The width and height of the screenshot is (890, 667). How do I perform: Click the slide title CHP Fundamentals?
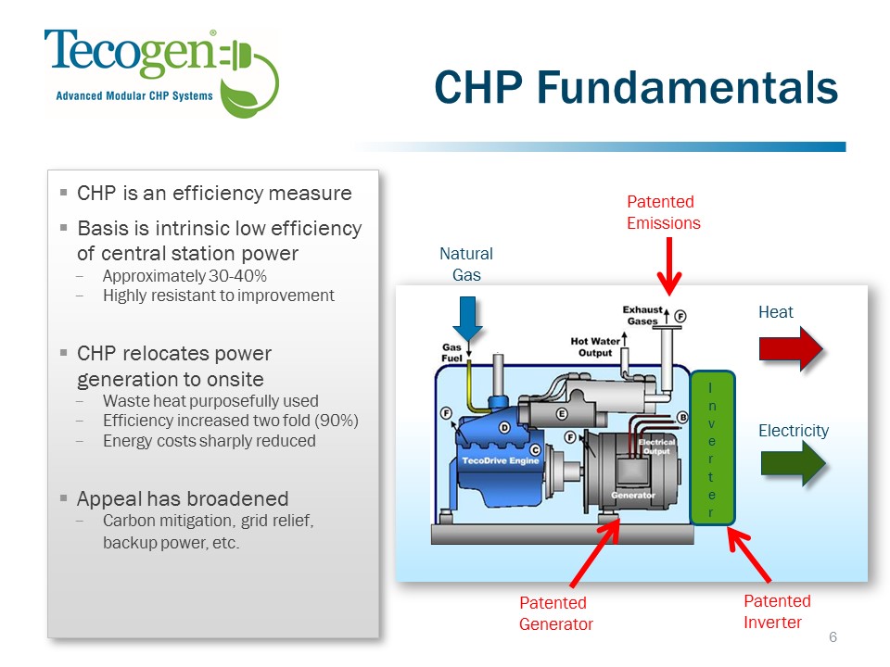click(636, 88)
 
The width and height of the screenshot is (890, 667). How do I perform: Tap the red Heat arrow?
click(791, 348)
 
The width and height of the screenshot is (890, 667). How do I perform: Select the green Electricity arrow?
click(793, 463)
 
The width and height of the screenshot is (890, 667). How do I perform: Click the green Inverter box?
click(712, 447)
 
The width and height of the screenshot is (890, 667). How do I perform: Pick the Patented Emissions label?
click(663, 212)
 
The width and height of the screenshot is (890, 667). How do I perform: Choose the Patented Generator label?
click(555, 613)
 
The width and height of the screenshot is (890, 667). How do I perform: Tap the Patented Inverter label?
click(776, 611)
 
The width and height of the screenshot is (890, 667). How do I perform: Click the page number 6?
click(833, 637)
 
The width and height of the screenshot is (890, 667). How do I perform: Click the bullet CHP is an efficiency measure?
click(214, 194)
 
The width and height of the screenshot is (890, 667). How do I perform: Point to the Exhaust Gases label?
click(642, 314)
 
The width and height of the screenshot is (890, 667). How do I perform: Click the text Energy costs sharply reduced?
click(210, 441)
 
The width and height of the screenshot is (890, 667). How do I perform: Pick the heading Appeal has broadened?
click(183, 498)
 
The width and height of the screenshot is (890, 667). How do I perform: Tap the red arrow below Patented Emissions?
click(669, 265)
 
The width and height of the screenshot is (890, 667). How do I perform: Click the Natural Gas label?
click(466, 264)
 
